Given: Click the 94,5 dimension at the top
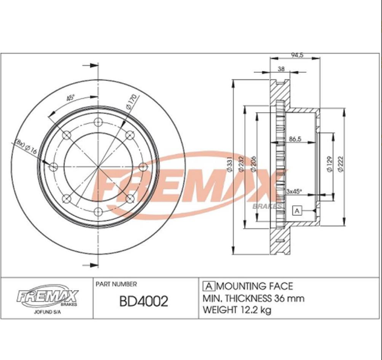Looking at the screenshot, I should pos(297,56).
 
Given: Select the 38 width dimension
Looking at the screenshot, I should pos(281,70).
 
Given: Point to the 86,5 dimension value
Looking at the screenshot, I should pos(296,139).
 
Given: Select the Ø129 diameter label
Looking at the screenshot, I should pos(328,162).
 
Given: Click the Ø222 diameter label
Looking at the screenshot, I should pos(342,162).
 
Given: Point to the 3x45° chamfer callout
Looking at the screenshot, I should pos(294,191).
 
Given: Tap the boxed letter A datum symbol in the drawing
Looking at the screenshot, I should pos(297,211).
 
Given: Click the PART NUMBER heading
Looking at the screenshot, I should pos(116,284).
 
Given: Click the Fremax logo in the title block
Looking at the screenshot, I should pos(47,296).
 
